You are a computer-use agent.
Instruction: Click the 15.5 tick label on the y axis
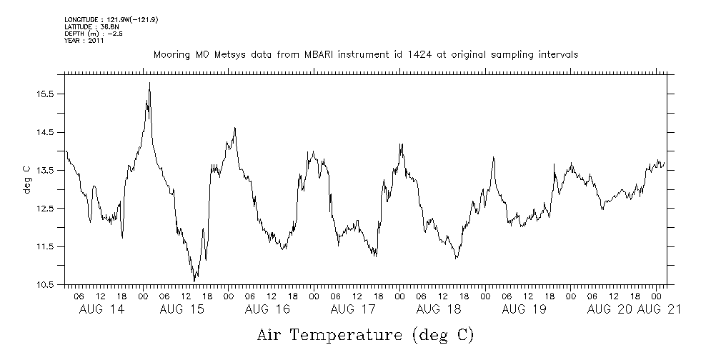coord(46,94)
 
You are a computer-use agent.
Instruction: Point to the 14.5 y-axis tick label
coord(46,132)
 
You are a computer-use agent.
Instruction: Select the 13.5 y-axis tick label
coord(46,171)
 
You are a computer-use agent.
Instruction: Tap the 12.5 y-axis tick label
coord(46,209)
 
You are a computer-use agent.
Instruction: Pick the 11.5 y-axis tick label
coord(46,246)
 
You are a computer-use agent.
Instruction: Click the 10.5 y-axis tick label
coord(46,284)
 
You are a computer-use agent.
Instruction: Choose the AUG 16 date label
coord(267,309)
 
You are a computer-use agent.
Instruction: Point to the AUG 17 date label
coord(353,309)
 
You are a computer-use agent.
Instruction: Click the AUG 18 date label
coord(438,309)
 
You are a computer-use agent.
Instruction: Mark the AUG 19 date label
coord(524,309)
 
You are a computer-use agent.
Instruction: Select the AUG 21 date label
coord(660,309)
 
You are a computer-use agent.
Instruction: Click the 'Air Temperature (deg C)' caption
coord(365,334)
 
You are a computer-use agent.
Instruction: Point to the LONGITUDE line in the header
coord(111,19)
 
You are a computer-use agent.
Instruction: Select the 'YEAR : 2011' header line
coord(84,41)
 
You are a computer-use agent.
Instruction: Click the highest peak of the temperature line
coord(149,83)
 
